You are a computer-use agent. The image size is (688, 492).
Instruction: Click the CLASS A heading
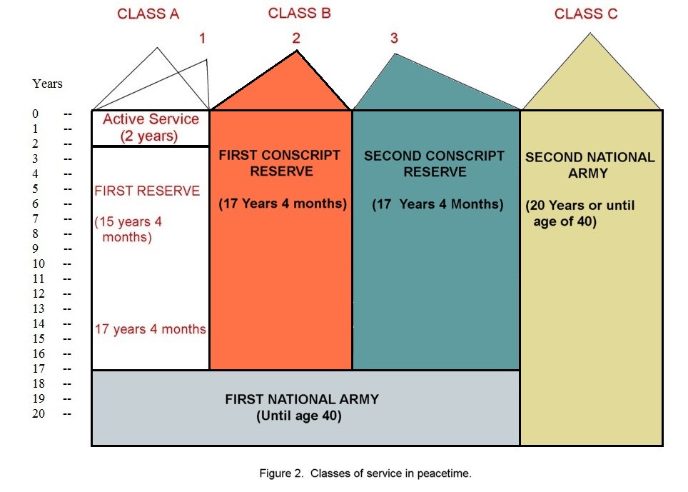coord(148,14)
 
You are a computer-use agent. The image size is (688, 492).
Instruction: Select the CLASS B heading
coord(299,13)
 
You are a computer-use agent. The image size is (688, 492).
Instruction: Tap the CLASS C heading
coord(586,14)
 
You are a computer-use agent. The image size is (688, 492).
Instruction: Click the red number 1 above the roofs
coord(202,38)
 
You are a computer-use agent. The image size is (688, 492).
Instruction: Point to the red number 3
coord(394,38)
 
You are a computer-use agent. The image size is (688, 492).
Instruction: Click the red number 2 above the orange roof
coord(296,38)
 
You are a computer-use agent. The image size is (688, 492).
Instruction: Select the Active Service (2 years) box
coord(151,128)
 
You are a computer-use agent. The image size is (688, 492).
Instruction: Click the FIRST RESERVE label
coord(147,191)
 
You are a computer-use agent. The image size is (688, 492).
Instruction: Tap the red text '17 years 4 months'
coord(150,329)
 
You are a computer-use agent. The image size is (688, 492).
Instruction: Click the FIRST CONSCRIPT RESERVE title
coord(280,163)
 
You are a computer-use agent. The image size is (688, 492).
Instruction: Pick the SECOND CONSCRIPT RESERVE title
coord(434,164)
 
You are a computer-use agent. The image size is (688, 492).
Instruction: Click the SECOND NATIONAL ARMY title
coord(590,165)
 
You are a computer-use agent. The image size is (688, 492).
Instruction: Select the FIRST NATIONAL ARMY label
coord(302,399)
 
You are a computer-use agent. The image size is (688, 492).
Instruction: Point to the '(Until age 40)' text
coord(299,416)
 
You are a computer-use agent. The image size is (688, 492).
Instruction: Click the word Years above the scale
coord(47,84)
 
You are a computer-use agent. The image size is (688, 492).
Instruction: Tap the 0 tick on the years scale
coord(35,114)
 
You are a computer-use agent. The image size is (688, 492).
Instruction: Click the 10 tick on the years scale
coord(38,263)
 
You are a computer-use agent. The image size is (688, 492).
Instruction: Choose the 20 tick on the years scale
coord(38,413)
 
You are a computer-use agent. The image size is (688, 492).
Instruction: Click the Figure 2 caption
coord(365,473)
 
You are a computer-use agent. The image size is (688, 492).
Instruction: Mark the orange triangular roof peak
coord(297,51)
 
